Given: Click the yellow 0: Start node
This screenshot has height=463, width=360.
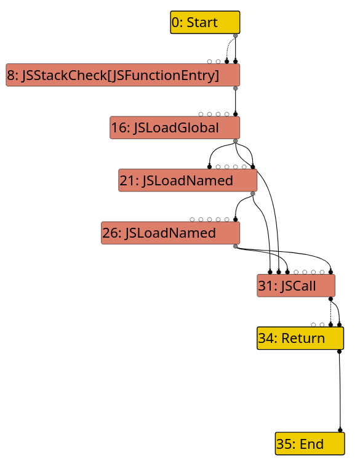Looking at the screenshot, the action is pos(205,22).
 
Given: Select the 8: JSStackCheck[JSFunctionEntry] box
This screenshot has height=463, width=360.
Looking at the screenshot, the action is pos(122,75).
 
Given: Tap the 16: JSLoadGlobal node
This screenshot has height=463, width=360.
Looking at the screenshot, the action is pos(175,127).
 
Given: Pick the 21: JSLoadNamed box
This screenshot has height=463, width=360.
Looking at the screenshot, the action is pos(188,180).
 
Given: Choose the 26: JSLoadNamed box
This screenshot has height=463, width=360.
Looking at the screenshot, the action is pos(170,233).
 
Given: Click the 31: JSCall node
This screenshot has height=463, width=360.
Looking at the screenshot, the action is pos(296,286).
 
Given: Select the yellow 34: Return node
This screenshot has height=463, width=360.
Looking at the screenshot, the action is pos(300,338).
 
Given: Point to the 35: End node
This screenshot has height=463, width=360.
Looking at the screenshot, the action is pos(310,443).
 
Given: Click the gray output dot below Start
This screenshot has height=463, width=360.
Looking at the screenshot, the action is pos(236,36).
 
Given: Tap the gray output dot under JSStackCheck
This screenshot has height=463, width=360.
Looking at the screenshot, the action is pos(236,88).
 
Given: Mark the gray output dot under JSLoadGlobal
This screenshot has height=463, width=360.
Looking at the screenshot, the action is pos(236,141).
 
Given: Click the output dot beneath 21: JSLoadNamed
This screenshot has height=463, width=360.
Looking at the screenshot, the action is pos(252,194).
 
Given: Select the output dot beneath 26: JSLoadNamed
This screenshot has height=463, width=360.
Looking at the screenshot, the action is pos(236,246).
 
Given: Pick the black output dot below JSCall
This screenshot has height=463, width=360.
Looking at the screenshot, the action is pos(331,299).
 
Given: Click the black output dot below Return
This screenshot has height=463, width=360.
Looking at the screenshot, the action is pos(339,352).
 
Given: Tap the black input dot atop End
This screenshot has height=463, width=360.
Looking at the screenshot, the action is pos(340,430).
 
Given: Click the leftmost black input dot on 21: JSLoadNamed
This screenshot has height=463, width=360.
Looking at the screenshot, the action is pos(209,167).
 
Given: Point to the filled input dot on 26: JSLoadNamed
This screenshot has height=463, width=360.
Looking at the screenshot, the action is pos(236,219).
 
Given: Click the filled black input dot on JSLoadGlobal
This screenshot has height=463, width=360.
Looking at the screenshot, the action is pos(236,115).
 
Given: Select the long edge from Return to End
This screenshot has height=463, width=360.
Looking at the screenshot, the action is pos(340,391).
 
